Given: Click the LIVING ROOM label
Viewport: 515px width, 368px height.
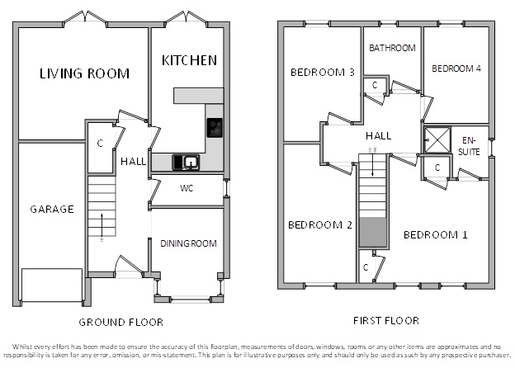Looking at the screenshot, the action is [x=84, y=73].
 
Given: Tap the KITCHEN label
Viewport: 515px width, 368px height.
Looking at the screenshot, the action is [x=190, y=60].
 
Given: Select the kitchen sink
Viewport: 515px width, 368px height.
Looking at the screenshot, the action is [x=186, y=163].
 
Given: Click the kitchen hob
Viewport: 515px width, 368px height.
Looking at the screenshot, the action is [x=215, y=128].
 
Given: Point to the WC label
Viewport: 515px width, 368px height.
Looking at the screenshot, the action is [x=187, y=188].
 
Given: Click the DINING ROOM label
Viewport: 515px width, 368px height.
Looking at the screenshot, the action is [x=188, y=243].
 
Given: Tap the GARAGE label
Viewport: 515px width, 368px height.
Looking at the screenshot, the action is [x=52, y=210].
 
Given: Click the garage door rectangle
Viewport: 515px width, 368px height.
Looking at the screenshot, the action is [x=52, y=285].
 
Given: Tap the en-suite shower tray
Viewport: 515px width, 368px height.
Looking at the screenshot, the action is [x=437, y=139].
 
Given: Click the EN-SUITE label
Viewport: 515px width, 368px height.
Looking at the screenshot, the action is [x=469, y=146].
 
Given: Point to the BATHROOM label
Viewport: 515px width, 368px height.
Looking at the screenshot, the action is [x=392, y=48].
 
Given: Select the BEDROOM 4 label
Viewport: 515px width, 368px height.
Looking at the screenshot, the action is [x=456, y=68].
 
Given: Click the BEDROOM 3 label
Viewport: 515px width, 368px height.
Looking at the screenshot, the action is [x=323, y=73].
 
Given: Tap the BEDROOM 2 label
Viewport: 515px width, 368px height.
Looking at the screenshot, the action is [x=320, y=225].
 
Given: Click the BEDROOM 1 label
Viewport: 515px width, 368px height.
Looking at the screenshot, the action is [x=435, y=235].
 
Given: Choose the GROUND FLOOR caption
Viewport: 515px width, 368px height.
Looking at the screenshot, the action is [x=120, y=323].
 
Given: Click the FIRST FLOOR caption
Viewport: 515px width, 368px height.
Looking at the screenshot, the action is [x=386, y=321].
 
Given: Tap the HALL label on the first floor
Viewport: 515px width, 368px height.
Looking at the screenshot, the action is [x=378, y=136].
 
